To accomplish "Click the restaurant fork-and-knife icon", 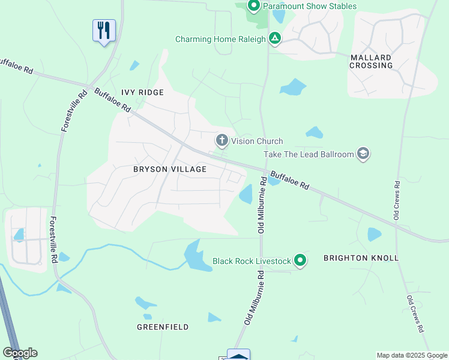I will point(104,29).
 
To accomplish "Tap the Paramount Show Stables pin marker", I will point(253,7).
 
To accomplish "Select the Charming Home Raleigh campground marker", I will point(275,39).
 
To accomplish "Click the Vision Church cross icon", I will point(222,141).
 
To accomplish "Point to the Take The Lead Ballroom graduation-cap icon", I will point(363,154).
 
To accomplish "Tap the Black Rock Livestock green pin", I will point(300,261).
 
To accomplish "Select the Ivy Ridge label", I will point(142,92).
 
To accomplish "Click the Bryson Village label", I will point(170,169).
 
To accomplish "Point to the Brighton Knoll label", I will point(361,258).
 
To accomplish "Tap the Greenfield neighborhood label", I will point(163,327).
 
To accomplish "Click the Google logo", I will point(20,353).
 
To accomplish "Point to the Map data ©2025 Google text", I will point(412,355).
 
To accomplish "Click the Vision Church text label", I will point(257,141).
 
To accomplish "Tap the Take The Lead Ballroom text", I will point(309,154).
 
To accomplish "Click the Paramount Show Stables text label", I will point(310,7).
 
